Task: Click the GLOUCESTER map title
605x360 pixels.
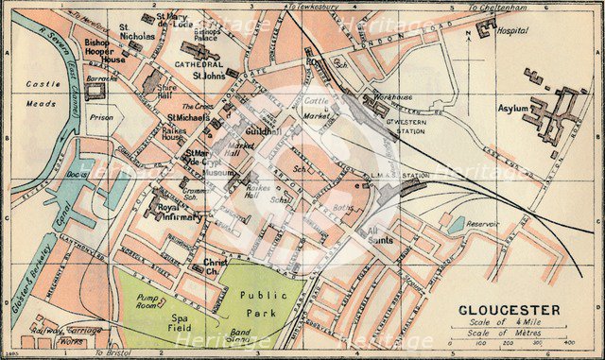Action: click(510, 309)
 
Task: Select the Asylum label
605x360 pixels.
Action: click(512, 109)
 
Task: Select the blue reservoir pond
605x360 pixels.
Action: click(457, 225)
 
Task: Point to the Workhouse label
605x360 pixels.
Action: click(391, 96)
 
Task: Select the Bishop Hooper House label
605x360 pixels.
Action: click(103, 51)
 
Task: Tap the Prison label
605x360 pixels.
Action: click(101, 119)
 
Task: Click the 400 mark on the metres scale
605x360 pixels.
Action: click(568, 342)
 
